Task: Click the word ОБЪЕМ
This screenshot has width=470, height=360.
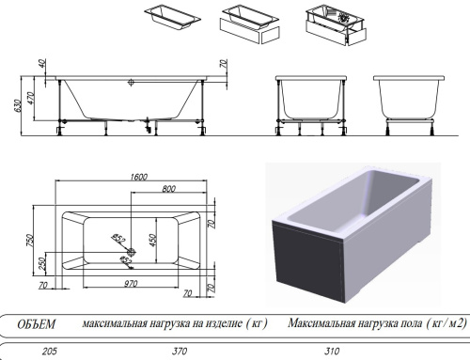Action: click(x=36, y=324)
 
